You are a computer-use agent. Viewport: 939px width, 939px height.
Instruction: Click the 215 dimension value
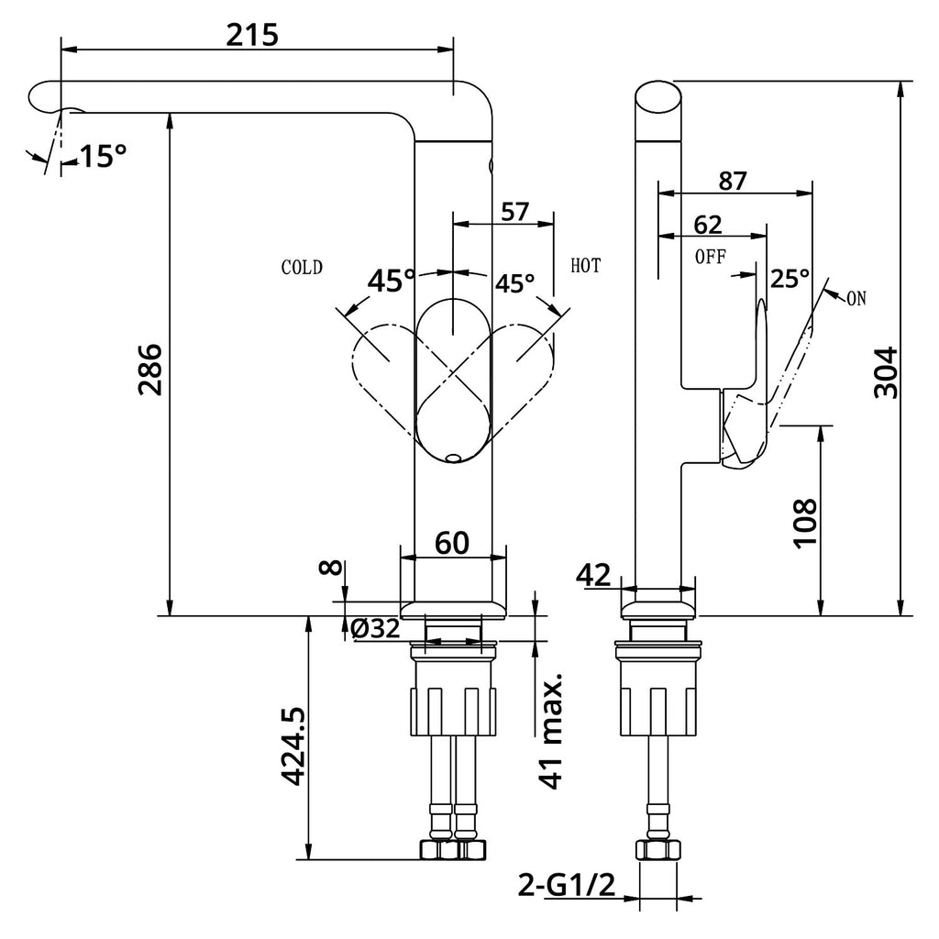pyautogui.click(x=252, y=34)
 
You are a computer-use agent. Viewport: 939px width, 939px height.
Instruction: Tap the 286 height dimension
pyautogui.click(x=149, y=370)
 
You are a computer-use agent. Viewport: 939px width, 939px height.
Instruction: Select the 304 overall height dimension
pyautogui.click(x=885, y=371)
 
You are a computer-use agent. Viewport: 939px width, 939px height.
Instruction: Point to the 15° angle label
pyautogui.click(x=102, y=157)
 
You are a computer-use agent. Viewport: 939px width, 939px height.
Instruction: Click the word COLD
pyautogui.click(x=302, y=268)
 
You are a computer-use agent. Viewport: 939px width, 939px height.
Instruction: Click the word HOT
pyautogui.click(x=585, y=267)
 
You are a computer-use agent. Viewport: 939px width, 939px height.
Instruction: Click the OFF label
pyautogui.click(x=711, y=257)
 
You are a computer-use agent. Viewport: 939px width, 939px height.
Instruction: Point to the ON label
pyautogui.click(x=856, y=296)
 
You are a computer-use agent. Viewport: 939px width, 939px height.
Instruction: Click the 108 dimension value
pyautogui.click(x=803, y=523)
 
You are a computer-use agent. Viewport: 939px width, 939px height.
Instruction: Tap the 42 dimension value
pyautogui.click(x=594, y=576)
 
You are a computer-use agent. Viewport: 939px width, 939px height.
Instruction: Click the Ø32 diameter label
pyautogui.click(x=375, y=629)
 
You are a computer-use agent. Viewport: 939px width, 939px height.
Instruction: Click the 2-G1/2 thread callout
pyautogui.click(x=565, y=885)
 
